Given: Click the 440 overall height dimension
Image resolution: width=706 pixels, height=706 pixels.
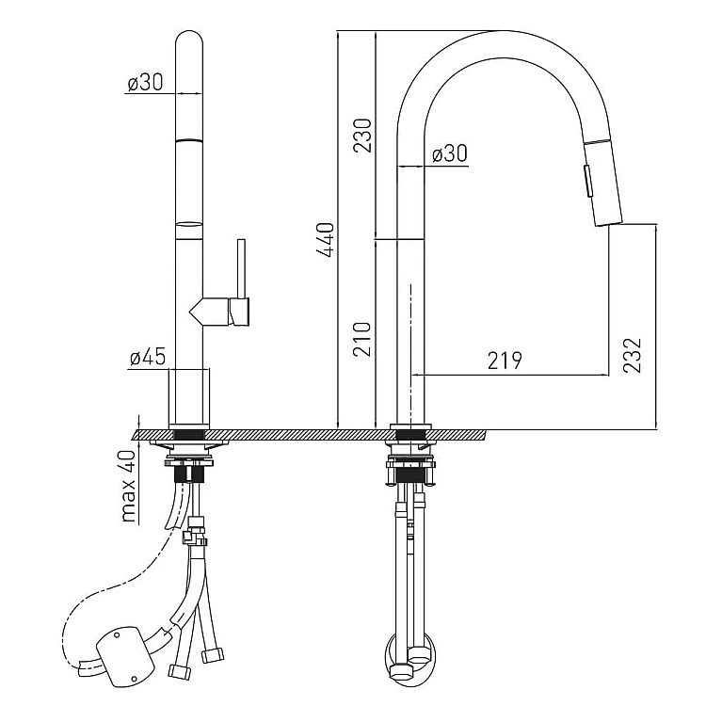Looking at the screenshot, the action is [326, 240].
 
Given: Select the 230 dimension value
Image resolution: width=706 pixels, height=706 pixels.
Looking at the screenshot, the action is [363, 136].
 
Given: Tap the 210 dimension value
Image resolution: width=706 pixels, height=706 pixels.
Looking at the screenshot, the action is [362, 339].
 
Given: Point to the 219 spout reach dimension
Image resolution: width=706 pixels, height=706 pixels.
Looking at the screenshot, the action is [505, 361].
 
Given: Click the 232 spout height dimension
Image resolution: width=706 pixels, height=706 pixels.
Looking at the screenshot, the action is [633, 355].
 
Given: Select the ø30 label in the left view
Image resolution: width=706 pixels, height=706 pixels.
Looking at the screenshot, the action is [145, 83].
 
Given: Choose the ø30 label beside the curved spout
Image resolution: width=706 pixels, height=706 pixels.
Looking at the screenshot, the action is [450, 153].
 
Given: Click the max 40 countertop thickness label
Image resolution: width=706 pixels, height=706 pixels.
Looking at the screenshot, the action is [129, 486].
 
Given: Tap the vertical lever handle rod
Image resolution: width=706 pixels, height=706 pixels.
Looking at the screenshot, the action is [242, 269].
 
